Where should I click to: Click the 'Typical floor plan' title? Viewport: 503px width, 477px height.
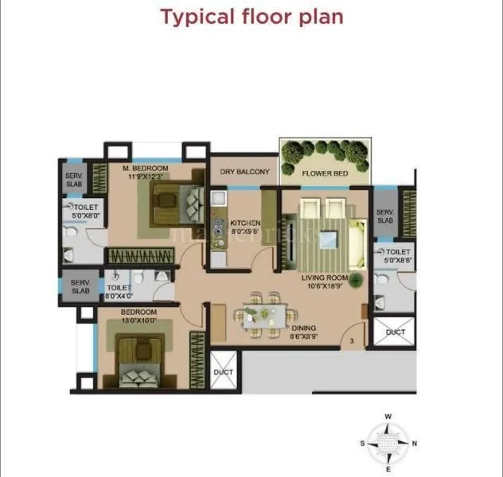pyautogui.click(x=251, y=17)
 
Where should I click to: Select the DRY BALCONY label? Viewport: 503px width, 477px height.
pyautogui.click(x=244, y=172)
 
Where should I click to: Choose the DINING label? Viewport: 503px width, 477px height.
pyautogui.click(x=302, y=328)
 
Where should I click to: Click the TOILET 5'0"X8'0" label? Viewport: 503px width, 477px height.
pyautogui.click(x=80, y=211)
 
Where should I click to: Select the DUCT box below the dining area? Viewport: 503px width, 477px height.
pyautogui.click(x=224, y=372)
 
